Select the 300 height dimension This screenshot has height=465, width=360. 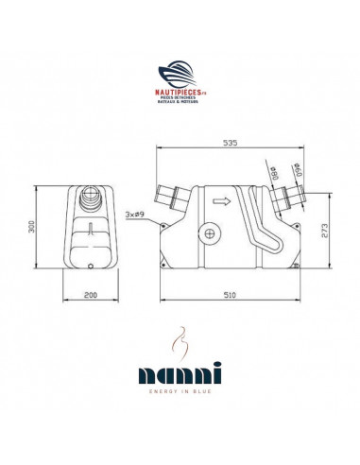pos(30,228)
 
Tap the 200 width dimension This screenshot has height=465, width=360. pos(90,296)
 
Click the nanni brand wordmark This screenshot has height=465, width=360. pos(180,370)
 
